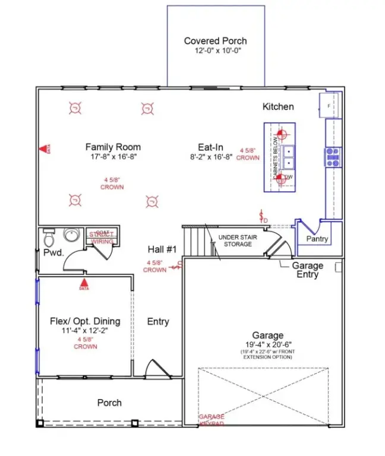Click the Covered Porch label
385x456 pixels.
(x=215, y=41)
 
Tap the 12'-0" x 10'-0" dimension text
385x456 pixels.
(x=215, y=50)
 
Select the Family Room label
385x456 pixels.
(x=113, y=147)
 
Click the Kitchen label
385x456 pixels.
(x=278, y=107)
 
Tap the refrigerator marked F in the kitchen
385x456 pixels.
(x=329, y=106)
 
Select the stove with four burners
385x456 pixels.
(x=333, y=157)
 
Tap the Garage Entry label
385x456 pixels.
(x=308, y=270)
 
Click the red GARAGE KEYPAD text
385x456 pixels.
(x=212, y=420)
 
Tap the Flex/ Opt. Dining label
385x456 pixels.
(x=85, y=321)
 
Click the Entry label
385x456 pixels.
(x=158, y=321)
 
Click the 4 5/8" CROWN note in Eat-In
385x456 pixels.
(x=250, y=154)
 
